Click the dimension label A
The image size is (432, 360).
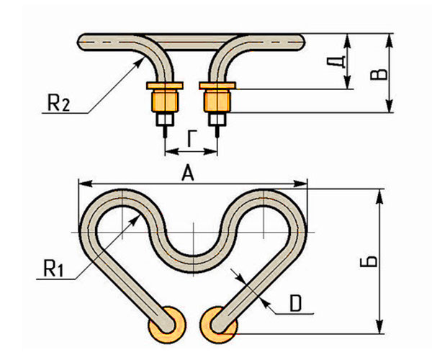[188, 172]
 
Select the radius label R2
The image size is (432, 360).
[59, 104]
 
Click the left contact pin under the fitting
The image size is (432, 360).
[164, 131]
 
